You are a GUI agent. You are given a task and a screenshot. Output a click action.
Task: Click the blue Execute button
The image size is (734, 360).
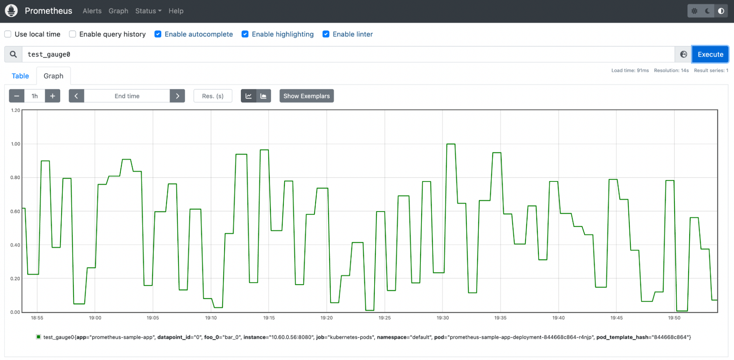pyautogui.click(x=710, y=54)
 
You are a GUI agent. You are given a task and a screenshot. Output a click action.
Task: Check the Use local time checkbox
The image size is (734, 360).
pyautogui.click(x=8, y=34)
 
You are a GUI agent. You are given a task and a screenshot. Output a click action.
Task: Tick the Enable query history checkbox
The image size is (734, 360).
pyautogui.click(x=73, y=34)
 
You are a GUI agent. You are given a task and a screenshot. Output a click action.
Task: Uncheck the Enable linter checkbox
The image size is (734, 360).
pyautogui.click(x=326, y=34)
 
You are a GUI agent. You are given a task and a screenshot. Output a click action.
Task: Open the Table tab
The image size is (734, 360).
pyautogui.click(x=20, y=76)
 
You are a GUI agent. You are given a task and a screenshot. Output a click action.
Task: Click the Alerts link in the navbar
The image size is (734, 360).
pyautogui.click(x=92, y=11)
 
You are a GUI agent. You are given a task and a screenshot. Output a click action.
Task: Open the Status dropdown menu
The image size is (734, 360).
pyautogui.click(x=148, y=11)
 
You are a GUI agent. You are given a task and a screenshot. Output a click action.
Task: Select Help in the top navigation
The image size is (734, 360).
pyautogui.click(x=176, y=11)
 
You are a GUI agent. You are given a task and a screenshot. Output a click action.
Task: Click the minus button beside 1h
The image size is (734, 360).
pyautogui.click(x=17, y=96)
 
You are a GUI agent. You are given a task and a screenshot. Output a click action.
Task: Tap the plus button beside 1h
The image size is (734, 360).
pyautogui.click(x=53, y=96)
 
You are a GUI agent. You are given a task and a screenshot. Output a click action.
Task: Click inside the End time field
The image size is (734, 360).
pyautogui.click(x=127, y=96)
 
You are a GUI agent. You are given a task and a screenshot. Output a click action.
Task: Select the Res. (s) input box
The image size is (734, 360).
pyautogui.click(x=213, y=96)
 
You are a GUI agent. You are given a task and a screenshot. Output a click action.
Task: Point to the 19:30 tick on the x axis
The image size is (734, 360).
pyautogui.click(x=442, y=318)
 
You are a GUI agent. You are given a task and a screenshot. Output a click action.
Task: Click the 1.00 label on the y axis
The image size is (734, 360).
pyautogui.click(x=15, y=144)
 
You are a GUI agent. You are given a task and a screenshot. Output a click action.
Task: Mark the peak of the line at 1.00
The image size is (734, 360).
pyautogui.click(x=451, y=144)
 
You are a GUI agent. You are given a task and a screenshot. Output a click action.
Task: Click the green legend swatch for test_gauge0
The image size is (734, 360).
pyautogui.click(x=38, y=337)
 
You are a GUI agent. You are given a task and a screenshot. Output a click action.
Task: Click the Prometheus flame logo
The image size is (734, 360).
pyautogui.click(x=11, y=11)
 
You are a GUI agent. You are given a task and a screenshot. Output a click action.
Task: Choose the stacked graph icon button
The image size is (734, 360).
pyautogui.click(x=263, y=96)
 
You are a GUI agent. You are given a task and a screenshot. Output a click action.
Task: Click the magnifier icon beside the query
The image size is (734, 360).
pyautogui.click(x=13, y=54)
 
